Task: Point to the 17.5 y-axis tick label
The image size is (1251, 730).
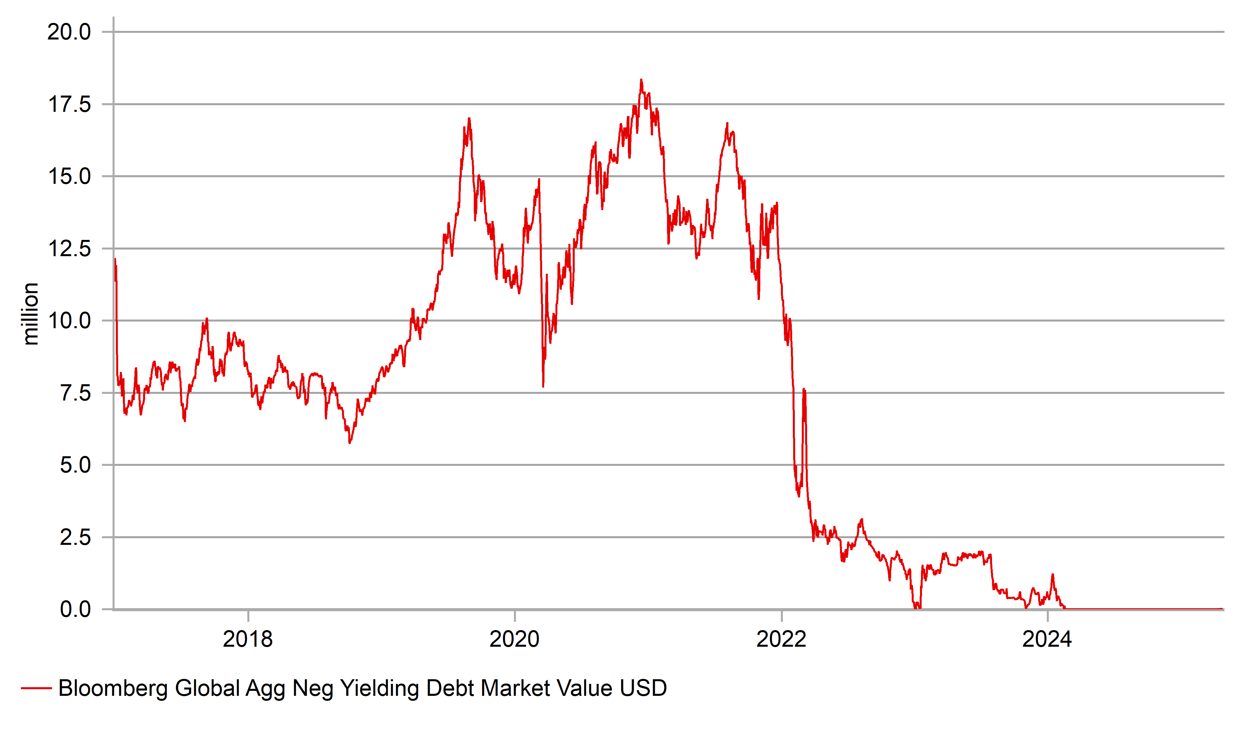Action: (69, 105)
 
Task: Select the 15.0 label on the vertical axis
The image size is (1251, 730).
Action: (69, 177)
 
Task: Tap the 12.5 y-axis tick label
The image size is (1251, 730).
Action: (69, 249)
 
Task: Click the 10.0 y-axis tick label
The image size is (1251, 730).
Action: (69, 321)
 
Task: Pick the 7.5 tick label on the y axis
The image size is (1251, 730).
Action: (75, 393)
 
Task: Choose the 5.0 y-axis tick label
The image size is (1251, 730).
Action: (75, 466)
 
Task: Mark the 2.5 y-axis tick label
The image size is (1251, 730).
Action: (75, 538)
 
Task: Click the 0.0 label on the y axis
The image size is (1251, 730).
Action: (75, 610)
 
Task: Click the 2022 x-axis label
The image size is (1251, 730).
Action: (782, 639)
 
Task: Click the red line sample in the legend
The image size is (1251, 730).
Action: (36, 688)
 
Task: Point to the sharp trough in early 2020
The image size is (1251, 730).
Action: (543, 386)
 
